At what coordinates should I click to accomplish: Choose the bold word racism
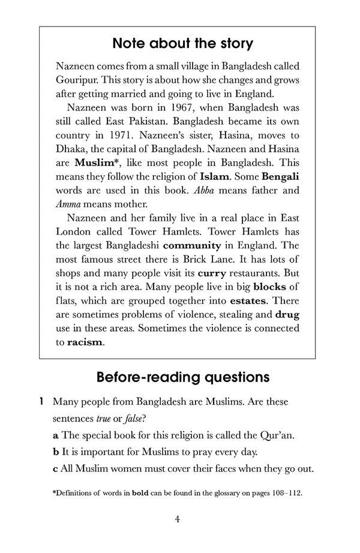coord(85,342)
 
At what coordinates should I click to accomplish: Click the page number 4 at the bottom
coord(178,519)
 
